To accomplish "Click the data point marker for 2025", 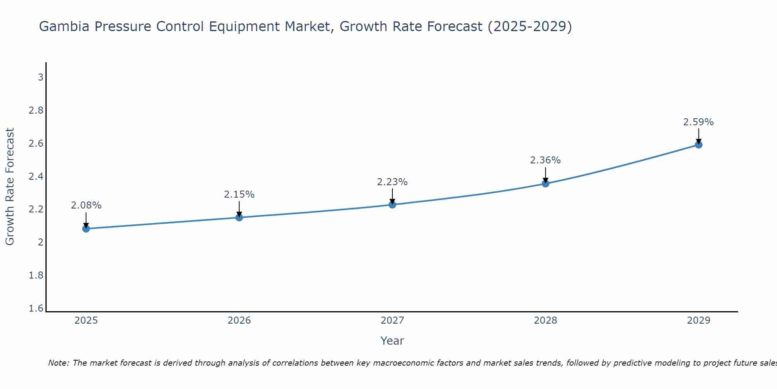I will [x=86, y=229].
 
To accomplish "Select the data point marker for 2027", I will [x=392, y=205].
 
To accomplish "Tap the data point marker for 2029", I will [x=699, y=145].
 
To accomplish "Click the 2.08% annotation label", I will [x=86, y=205].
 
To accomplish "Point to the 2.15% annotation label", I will [x=239, y=194].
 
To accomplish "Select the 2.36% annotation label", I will [x=545, y=160].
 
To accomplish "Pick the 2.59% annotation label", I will [x=699, y=122].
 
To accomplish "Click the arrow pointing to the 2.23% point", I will [x=392, y=196].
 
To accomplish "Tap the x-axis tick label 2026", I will [x=239, y=321].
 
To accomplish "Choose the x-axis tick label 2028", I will [x=545, y=321].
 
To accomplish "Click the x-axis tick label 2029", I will [x=699, y=321].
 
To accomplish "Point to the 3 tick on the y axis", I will [x=40, y=77].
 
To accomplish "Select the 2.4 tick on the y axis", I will [x=36, y=177].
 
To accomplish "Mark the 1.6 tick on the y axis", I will [x=36, y=309].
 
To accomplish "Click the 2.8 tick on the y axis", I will [x=36, y=110].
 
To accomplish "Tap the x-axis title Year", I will [x=392, y=341].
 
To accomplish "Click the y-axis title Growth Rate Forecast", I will [x=10, y=187].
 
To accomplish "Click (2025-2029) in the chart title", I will [x=530, y=26].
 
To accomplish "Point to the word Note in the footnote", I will [x=58, y=363].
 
